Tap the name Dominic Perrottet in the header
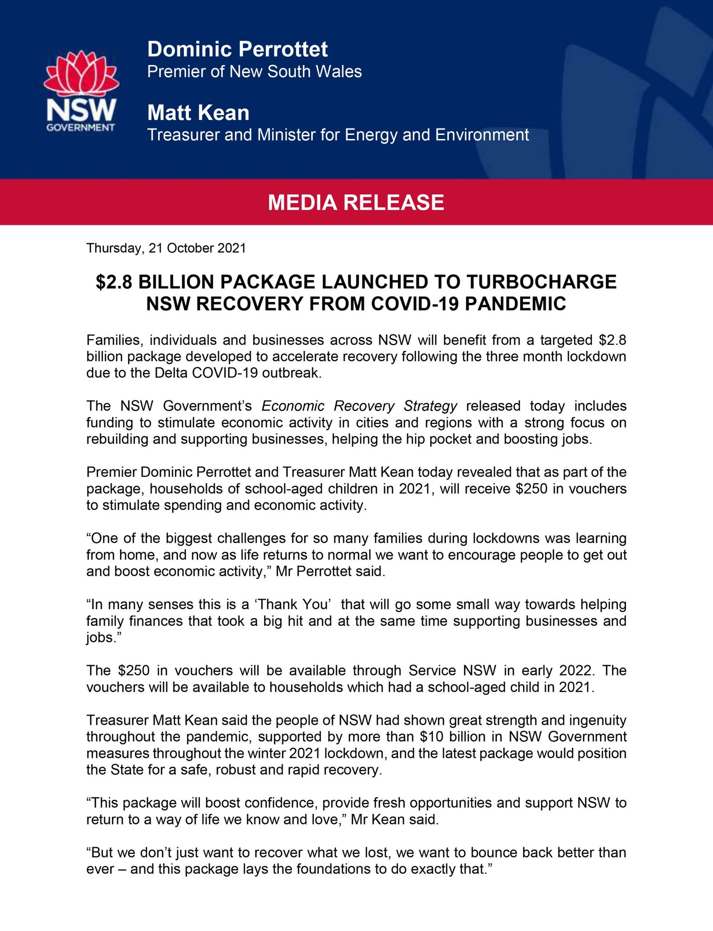pyautogui.click(x=238, y=49)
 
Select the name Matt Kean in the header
pyautogui.click(x=198, y=113)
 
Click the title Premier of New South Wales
pyautogui.click(x=254, y=72)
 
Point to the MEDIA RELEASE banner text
pyautogui.click(x=356, y=203)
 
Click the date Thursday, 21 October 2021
pyautogui.click(x=166, y=248)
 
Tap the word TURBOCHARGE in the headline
pyautogui.click(x=541, y=282)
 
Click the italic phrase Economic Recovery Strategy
pyautogui.click(x=359, y=406)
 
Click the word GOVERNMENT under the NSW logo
pyautogui.click(x=81, y=127)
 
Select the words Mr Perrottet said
pyautogui.click(x=330, y=571)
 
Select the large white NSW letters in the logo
pyautogui.click(x=81, y=110)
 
